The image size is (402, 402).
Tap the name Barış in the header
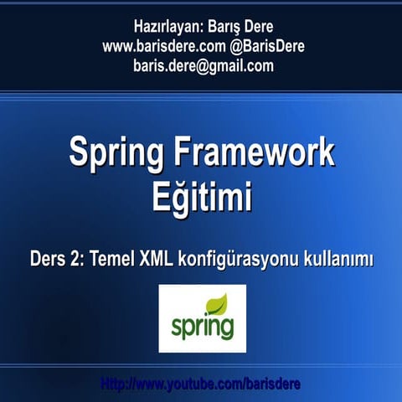(226, 26)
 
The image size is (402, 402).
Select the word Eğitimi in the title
(202, 198)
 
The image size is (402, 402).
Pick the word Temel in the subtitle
(118, 260)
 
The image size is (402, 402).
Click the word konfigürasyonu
(243, 260)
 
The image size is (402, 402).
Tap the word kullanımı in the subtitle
(338, 260)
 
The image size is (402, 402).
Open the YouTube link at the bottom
(201, 384)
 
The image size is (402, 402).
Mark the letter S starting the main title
(79, 154)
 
